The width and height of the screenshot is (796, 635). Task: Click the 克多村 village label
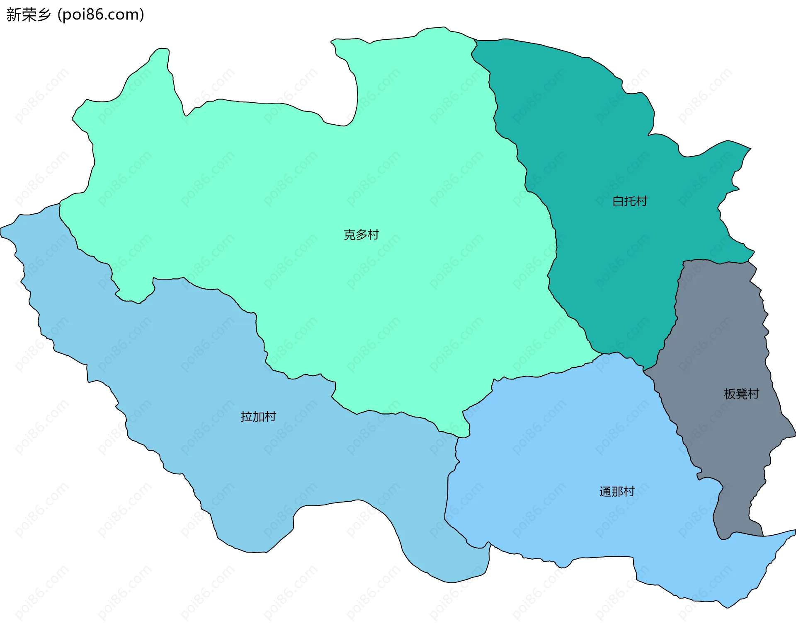click(361, 235)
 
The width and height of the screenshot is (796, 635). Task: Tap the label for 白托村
click(630, 201)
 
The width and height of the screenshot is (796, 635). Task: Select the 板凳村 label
click(741, 394)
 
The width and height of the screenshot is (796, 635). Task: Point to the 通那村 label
click(617, 492)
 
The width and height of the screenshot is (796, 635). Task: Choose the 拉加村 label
click(258, 417)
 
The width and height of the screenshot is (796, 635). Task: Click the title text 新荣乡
click(28, 14)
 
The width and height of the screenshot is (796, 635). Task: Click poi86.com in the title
click(101, 14)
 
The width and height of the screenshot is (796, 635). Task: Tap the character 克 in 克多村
click(349, 235)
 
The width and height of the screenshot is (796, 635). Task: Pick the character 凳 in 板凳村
click(741, 394)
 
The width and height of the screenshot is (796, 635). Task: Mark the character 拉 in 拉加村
click(247, 417)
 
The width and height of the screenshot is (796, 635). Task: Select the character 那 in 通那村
click(617, 492)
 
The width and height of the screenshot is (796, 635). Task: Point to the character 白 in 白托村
click(618, 201)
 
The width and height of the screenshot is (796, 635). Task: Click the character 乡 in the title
click(44, 14)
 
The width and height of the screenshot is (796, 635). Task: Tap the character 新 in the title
click(13, 14)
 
